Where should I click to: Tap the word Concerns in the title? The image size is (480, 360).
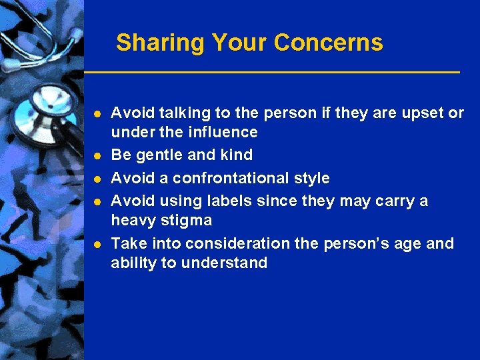[328, 43]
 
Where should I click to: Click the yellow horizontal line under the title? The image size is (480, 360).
[272, 71]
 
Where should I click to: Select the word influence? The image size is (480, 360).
[225, 132]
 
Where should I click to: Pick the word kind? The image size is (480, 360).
[237, 155]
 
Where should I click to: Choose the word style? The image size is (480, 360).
[312, 179]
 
